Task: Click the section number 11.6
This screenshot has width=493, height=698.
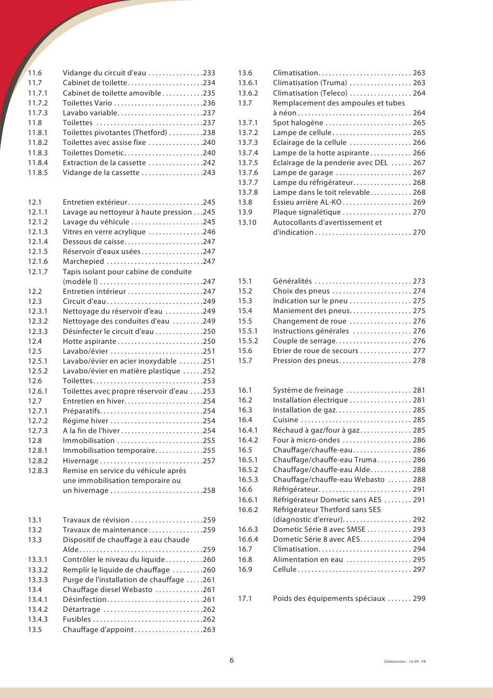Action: tap(35, 73)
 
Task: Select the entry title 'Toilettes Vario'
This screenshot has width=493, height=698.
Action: tap(87, 103)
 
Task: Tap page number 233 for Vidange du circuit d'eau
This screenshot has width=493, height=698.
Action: tap(209, 73)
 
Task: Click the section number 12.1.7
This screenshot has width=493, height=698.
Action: tap(38, 272)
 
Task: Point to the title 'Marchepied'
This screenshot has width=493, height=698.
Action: tap(83, 262)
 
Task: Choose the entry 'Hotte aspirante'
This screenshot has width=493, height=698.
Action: tap(89, 342)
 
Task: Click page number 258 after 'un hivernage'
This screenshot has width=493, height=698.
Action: tap(209, 491)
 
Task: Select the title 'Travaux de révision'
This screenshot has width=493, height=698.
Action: tap(96, 520)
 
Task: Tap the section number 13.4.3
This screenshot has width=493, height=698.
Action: tap(38, 620)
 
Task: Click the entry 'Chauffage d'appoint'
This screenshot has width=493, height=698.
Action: tap(98, 630)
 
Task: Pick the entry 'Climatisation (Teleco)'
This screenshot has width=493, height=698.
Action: tap(310, 93)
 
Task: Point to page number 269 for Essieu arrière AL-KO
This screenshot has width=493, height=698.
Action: tap(419, 203)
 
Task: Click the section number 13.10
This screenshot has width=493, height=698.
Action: tap(247, 222)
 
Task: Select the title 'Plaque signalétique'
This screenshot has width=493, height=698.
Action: tap(307, 212)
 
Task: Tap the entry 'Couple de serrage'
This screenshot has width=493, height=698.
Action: tap(305, 341)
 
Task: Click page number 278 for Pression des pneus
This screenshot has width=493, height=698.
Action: tap(419, 361)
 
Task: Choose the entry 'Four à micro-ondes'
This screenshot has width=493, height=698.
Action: tap(306, 440)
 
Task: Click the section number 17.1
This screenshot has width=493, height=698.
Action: tap(245, 599)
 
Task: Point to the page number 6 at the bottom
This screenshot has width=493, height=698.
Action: tap(231, 661)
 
